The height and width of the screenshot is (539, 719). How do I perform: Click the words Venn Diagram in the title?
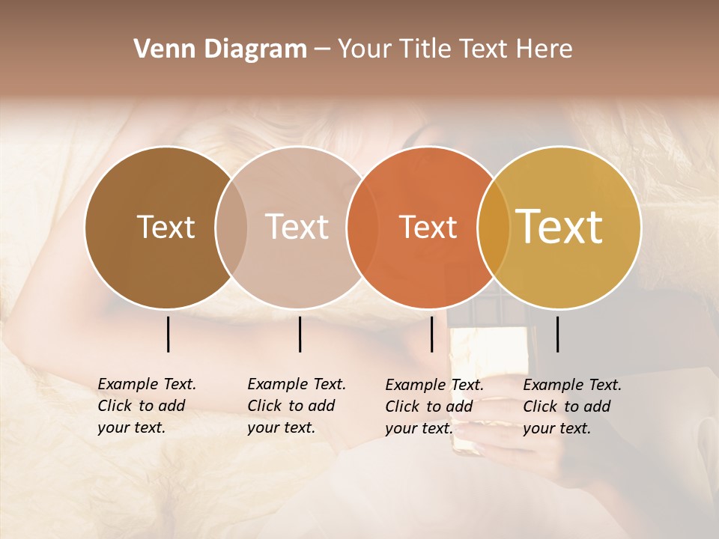point(220,49)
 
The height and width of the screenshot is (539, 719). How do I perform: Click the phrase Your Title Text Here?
point(455,49)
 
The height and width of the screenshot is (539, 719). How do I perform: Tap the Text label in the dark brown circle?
point(166,227)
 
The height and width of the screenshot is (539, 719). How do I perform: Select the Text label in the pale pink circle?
point(297,227)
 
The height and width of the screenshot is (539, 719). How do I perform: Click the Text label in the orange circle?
point(428,227)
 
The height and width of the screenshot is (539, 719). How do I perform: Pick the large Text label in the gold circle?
point(559,226)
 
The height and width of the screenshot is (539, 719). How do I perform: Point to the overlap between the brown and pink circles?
point(231,228)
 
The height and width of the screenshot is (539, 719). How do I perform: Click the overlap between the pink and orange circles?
point(362,228)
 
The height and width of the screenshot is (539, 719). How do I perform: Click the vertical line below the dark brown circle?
point(168,334)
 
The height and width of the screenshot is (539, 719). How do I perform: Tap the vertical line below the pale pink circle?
point(300,334)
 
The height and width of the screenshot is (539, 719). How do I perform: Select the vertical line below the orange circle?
point(431,334)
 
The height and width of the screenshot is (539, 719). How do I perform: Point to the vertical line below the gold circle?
point(557,334)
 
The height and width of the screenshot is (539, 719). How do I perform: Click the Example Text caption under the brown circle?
point(147,406)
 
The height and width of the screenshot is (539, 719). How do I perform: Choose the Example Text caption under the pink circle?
point(297,406)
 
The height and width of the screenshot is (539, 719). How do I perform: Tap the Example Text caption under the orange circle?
point(434,406)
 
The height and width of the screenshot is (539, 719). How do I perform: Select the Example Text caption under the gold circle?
point(572,406)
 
